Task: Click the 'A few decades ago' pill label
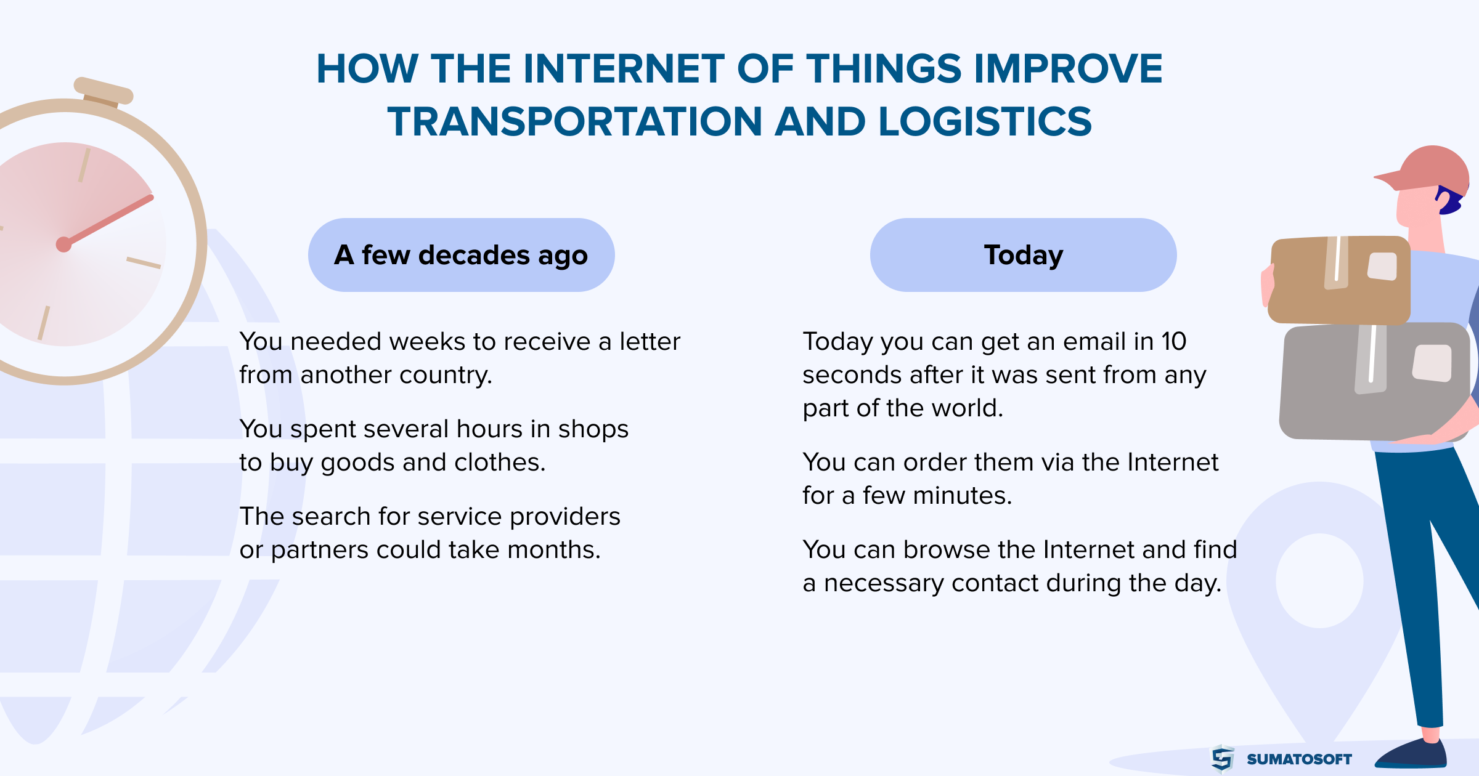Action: (461, 255)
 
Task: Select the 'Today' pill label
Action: (1024, 255)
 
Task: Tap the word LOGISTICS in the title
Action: (985, 121)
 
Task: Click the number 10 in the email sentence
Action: (1174, 341)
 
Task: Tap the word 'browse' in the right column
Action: (943, 549)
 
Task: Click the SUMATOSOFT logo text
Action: (1299, 759)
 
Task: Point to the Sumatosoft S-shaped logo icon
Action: (1223, 758)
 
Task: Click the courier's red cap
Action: (1424, 169)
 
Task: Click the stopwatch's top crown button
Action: (103, 91)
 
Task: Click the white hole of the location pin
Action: (1319, 580)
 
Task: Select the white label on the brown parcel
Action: (1382, 266)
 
